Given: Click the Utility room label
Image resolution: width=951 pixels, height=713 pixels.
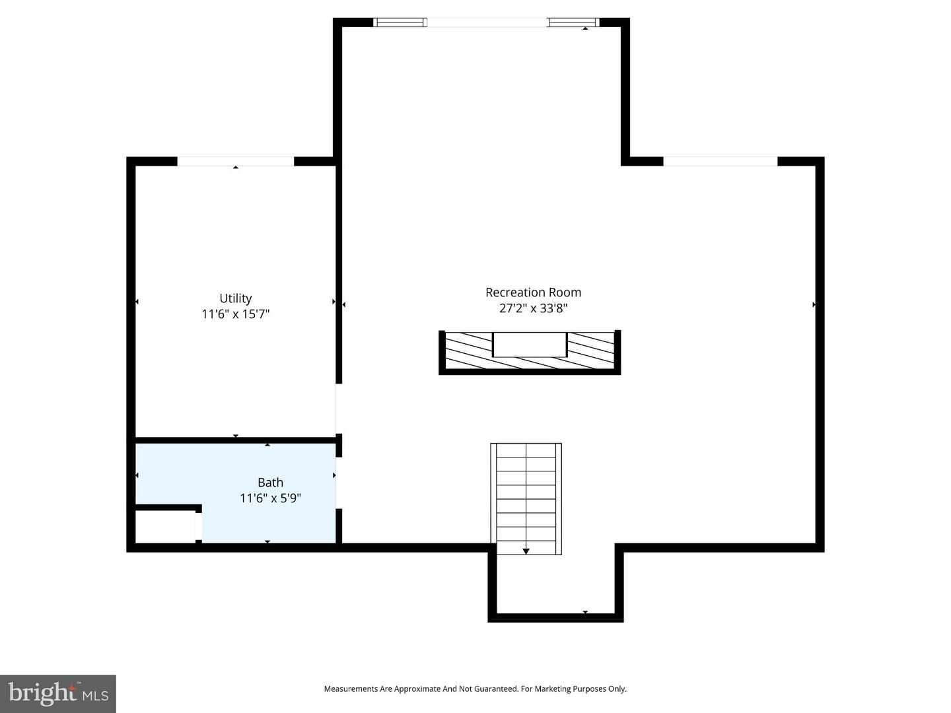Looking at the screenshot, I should (x=235, y=298).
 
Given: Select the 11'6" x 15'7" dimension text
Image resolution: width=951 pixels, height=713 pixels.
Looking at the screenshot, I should (x=235, y=314).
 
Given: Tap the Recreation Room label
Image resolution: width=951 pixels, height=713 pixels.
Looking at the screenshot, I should (x=533, y=292).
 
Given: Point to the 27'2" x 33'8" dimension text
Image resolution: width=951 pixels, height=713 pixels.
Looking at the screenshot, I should (x=533, y=308).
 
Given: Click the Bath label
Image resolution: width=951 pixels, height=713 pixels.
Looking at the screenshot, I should (x=270, y=483).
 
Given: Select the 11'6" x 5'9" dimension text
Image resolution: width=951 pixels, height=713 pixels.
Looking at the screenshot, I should (x=270, y=498).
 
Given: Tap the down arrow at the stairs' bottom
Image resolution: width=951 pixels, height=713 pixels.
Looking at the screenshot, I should (x=526, y=551).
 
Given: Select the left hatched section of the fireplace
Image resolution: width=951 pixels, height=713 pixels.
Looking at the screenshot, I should (x=468, y=350).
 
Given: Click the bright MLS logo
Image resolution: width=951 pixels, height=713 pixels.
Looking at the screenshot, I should (x=58, y=693).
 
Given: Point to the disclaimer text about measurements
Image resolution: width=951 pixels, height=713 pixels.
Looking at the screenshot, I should (x=475, y=689).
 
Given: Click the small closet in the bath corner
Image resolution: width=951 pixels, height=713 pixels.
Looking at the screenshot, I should (x=164, y=526).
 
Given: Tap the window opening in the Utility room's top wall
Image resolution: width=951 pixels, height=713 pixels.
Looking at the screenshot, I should (x=235, y=162).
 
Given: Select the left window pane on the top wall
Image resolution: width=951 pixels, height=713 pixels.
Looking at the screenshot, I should (x=399, y=22).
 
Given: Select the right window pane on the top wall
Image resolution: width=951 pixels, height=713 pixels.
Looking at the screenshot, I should (x=573, y=22).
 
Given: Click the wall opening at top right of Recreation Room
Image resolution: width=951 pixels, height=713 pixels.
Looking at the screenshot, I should (x=720, y=162).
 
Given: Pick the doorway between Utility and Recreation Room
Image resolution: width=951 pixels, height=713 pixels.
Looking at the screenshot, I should (x=339, y=409).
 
